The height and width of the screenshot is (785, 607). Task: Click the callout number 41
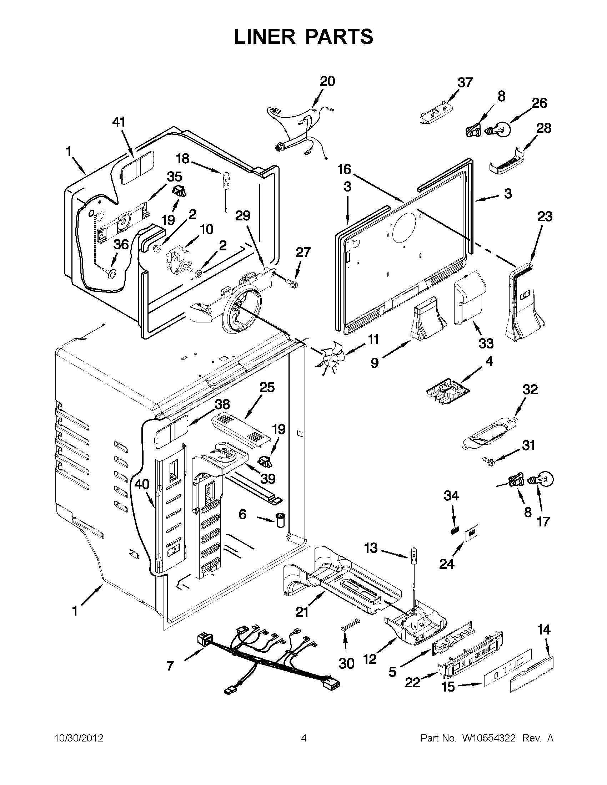coord(119,122)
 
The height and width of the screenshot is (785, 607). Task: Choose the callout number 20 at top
coord(327,82)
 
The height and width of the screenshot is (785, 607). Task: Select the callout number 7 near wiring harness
coord(170,666)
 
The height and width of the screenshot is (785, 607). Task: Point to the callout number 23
coord(545,217)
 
